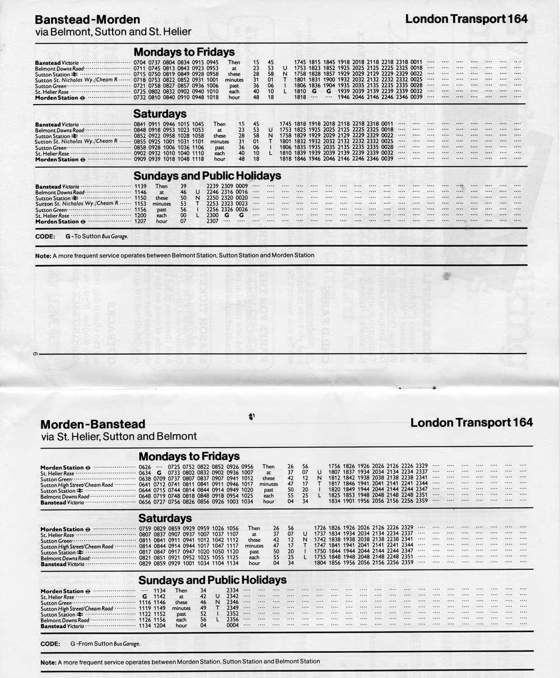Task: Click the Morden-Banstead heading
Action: pyautogui.click(x=85, y=424)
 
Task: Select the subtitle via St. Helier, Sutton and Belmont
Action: pyautogui.click(x=119, y=436)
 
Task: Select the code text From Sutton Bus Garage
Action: pyautogui.click(x=105, y=643)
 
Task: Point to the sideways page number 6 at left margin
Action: pyautogui.click(x=29, y=354)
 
